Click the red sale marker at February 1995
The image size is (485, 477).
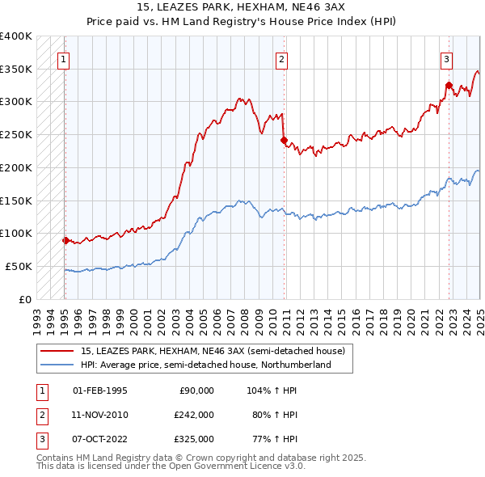pos(65,240)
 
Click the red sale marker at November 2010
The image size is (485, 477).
pos(284,140)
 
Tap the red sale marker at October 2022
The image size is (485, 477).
pos(449,85)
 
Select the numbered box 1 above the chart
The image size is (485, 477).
pos(63,58)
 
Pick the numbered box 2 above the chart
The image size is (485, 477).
pos(281,58)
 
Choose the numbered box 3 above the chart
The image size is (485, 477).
pos(446,58)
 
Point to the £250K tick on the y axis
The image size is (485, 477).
pos(16,135)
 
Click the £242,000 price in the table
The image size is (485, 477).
pos(193,415)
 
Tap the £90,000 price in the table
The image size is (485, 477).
pos(196,390)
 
